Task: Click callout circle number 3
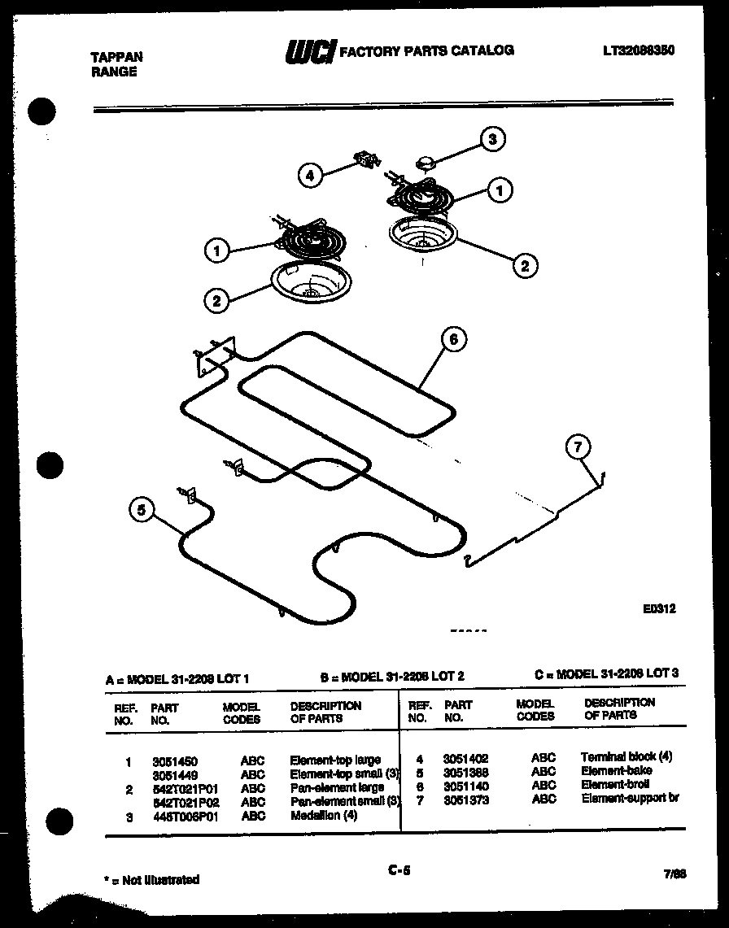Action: [x=491, y=139]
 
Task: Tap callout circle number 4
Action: [x=310, y=175]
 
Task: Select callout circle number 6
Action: [x=454, y=339]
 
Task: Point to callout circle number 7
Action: [x=578, y=447]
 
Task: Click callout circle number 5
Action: [x=142, y=510]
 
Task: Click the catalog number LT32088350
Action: [x=639, y=50]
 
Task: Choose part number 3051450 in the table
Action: [x=174, y=762]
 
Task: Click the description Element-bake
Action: [x=616, y=770]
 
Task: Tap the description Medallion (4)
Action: [x=323, y=816]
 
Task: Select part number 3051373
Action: [x=465, y=799]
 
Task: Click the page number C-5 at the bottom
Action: [x=399, y=870]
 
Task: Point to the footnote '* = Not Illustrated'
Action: [x=151, y=879]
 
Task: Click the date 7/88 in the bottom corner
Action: [x=674, y=874]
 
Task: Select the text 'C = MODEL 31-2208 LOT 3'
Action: [x=606, y=673]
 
